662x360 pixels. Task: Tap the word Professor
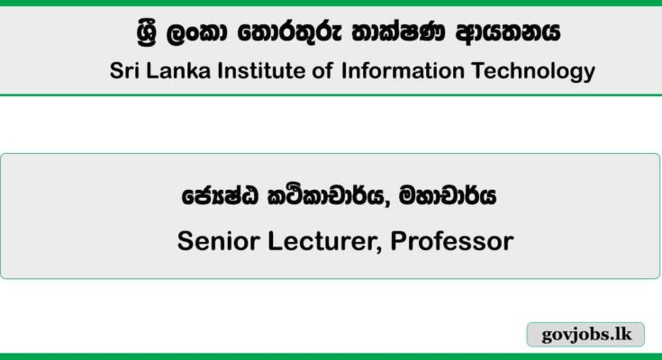[452, 241]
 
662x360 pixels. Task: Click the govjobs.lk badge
[585, 334]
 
